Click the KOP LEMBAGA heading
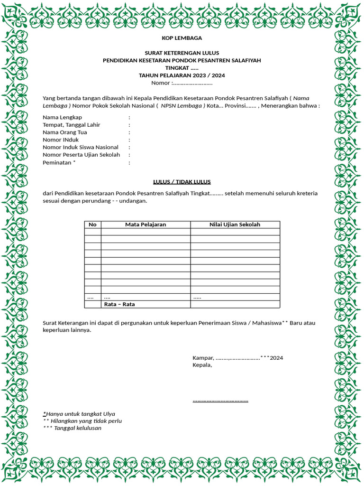pos(182,38)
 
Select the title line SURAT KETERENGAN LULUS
pos(182,53)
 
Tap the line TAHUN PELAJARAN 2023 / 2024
pos(182,75)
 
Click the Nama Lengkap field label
pos(62,117)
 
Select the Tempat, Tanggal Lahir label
pos(71,125)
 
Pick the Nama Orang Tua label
pos(64,132)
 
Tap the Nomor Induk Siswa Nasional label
pos(80,147)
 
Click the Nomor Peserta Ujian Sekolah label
pos(81,155)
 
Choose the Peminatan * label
pos(59,162)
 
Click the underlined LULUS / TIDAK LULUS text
pos(182,182)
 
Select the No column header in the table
pos(92,224)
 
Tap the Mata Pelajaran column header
pos(146,224)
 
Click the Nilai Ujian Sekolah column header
pos(235,224)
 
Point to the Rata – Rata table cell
pos(119,304)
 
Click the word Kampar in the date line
pos(203,358)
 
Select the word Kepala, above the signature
pos(202,365)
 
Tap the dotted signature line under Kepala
pos(220,401)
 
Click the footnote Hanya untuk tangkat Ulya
pos(80,414)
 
